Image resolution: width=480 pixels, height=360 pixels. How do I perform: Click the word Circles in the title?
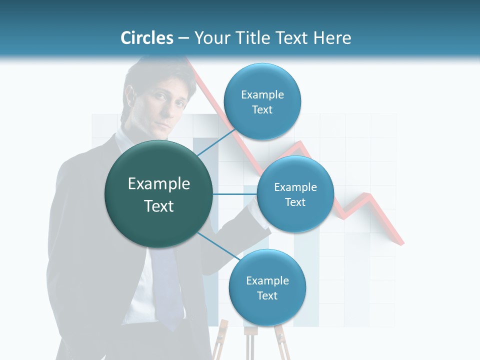point(147,38)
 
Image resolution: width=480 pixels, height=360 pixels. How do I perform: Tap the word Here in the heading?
point(332,38)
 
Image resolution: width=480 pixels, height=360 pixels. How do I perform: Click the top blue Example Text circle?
point(262,101)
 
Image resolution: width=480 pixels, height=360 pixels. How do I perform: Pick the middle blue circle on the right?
point(295,194)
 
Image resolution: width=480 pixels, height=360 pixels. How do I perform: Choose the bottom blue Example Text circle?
point(267,287)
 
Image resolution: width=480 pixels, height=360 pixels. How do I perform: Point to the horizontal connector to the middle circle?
point(235,194)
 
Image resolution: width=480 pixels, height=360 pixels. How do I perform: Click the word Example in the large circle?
point(158,184)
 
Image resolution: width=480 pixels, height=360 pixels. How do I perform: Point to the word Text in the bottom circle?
point(267,295)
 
